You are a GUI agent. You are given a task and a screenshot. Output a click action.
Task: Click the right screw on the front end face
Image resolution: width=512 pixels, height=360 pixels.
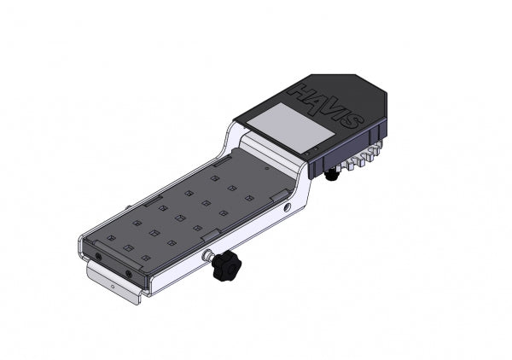[x=129, y=273]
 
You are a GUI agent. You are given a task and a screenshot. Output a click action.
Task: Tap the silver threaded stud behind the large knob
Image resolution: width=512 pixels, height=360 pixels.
[x=207, y=256]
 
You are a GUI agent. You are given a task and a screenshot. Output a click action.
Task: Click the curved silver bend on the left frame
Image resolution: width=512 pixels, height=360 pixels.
[x=231, y=135]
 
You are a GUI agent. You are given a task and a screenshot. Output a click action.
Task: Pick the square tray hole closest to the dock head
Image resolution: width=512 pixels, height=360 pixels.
[x=249, y=198]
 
